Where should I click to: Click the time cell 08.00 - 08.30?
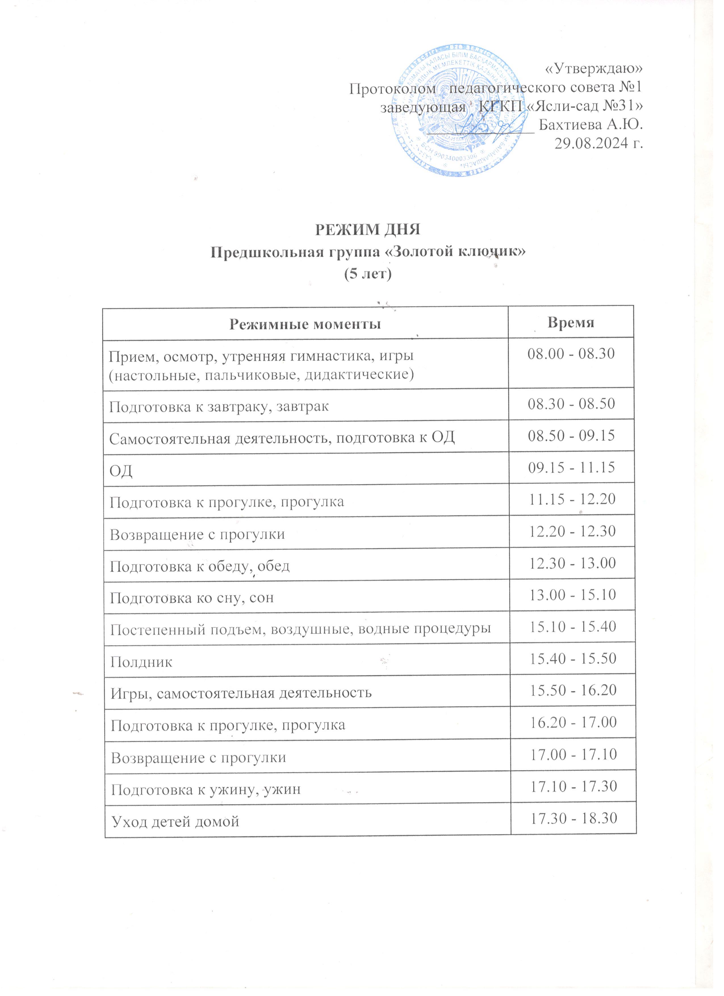point(571,354)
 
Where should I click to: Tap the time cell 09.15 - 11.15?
point(571,467)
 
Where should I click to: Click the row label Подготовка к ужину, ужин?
point(206,789)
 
